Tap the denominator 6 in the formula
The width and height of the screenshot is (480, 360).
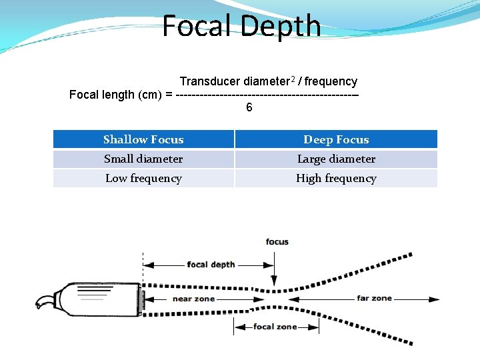click(x=249, y=107)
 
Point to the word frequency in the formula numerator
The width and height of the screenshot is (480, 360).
click(x=331, y=81)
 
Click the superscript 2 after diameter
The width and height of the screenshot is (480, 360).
click(x=292, y=79)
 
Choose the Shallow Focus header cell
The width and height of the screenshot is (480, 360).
click(x=143, y=139)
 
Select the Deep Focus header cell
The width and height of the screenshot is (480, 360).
click(x=336, y=139)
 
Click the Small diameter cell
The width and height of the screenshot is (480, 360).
click(x=143, y=159)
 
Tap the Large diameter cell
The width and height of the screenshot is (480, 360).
click(x=336, y=159)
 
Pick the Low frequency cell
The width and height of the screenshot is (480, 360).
click(x=143, y=178)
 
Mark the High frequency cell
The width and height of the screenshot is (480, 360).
click(x=336, y=178)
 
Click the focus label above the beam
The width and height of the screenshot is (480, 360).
click(x=277, y=241)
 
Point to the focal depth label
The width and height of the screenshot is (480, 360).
click(x=211, y=264)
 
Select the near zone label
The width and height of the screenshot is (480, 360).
click(x=193, y=299)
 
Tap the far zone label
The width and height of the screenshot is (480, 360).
click(x=375, y=298)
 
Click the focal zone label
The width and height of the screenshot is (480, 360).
click(x=275, y=327)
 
